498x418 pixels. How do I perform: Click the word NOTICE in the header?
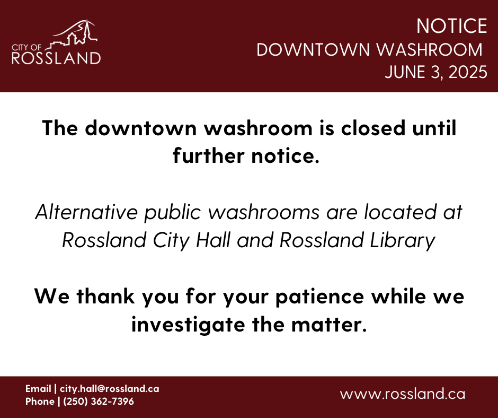coord(451,26)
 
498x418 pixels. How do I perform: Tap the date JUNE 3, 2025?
coord(436,72)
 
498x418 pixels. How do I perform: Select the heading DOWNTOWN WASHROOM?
coord(369,50)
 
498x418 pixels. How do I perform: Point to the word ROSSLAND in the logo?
coord(56,58)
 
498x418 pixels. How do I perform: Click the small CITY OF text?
coord(26,48)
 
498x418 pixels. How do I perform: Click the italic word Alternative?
coord(86,212)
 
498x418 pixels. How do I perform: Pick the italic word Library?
coord(403,240)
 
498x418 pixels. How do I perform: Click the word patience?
coord(319,297)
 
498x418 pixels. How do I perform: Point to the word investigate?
coord(188,325)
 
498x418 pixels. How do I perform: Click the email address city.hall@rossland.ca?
coord(110,389)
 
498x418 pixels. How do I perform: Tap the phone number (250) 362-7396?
coord(99,402)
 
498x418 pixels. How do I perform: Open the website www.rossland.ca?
coord(403,394)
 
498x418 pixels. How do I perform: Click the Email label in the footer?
coord(38,389)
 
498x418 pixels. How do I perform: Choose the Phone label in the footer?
coord(40,402)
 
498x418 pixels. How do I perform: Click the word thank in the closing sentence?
coord(105,296)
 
